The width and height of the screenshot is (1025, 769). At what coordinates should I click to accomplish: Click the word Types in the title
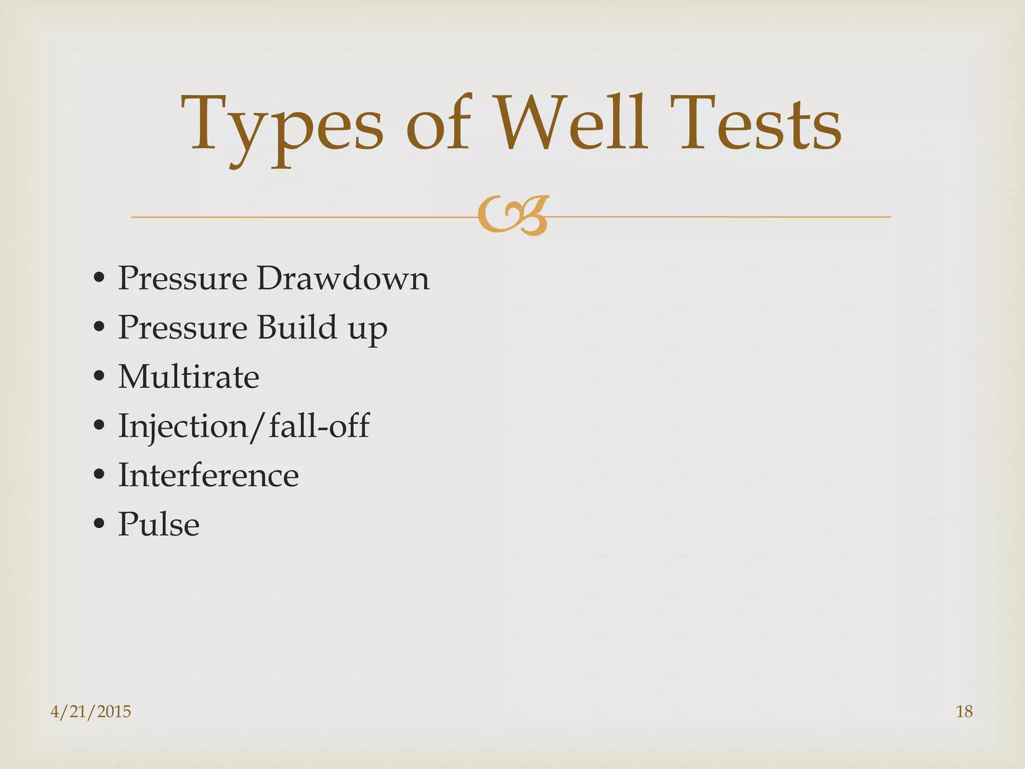click(282, 125)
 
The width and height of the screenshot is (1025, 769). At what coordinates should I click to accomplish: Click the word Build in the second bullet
click(297, 327)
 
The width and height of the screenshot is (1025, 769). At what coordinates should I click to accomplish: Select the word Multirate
click(189, 376)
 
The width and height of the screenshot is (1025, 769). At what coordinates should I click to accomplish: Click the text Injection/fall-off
click(244, 426)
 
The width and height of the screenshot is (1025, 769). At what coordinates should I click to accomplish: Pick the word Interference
click(208, 475)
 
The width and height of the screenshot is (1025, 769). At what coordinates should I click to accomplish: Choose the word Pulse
click(159, 524)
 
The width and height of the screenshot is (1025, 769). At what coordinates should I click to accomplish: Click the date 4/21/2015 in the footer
click(91, 711)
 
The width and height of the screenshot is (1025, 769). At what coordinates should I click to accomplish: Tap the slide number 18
click(964, 711)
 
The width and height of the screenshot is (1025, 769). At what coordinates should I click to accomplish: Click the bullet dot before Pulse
click(99, 524)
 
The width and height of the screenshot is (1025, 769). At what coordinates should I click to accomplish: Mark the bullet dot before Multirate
click(99, 376)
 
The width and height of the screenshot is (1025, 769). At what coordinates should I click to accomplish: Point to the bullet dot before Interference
click(99, 475)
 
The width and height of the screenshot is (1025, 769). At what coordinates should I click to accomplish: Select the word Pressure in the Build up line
click(183, 327)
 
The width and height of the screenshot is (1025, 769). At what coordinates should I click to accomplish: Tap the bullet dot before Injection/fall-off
click(99, 426)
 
